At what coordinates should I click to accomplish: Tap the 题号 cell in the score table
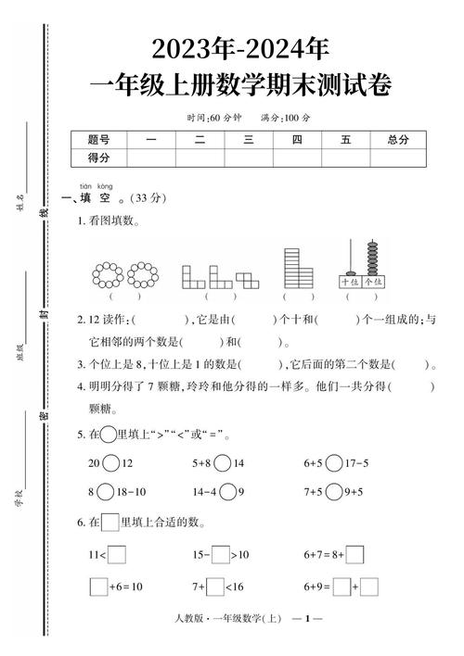(98, 139)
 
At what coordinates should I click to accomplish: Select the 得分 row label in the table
(98, 158)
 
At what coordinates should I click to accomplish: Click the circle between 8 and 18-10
(106, 492)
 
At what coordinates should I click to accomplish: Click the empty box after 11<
(117, 556)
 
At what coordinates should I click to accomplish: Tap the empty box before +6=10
(98, 587)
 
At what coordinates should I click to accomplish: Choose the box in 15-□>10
(220, 556)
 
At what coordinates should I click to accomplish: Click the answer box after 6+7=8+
(354, 556)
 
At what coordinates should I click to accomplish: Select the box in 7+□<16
(215, 587)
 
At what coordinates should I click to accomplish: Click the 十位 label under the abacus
(350, 282)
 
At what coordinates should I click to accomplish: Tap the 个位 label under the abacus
(373, 282)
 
